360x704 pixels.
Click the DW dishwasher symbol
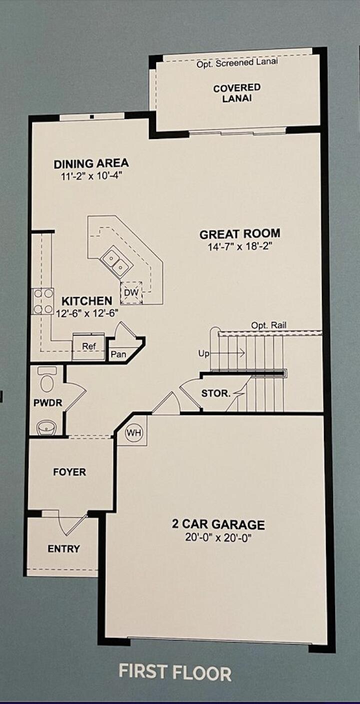tap(131, 292)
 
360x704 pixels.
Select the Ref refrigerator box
tap(88, 346)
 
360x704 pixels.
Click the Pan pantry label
tap(118, 354)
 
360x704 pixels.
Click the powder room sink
tap(47, 427)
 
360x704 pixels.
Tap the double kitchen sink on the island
tap(115, 263)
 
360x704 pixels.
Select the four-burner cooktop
tap(43, 301)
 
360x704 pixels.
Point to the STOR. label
tap(216, 393)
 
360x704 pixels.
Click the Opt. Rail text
tap(269, 325)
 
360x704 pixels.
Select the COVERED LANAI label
tap(237, 92)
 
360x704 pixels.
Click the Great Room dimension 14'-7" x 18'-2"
tap(239, 246)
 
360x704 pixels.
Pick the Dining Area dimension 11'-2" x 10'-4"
tap(91, 175)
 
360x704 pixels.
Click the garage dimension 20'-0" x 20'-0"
tap(218, 537)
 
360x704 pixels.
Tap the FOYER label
tap(69, 471)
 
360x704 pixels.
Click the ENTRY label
tap(64, 548)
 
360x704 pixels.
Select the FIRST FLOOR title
tap(175, 672)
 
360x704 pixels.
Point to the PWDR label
tap(48, 402)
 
